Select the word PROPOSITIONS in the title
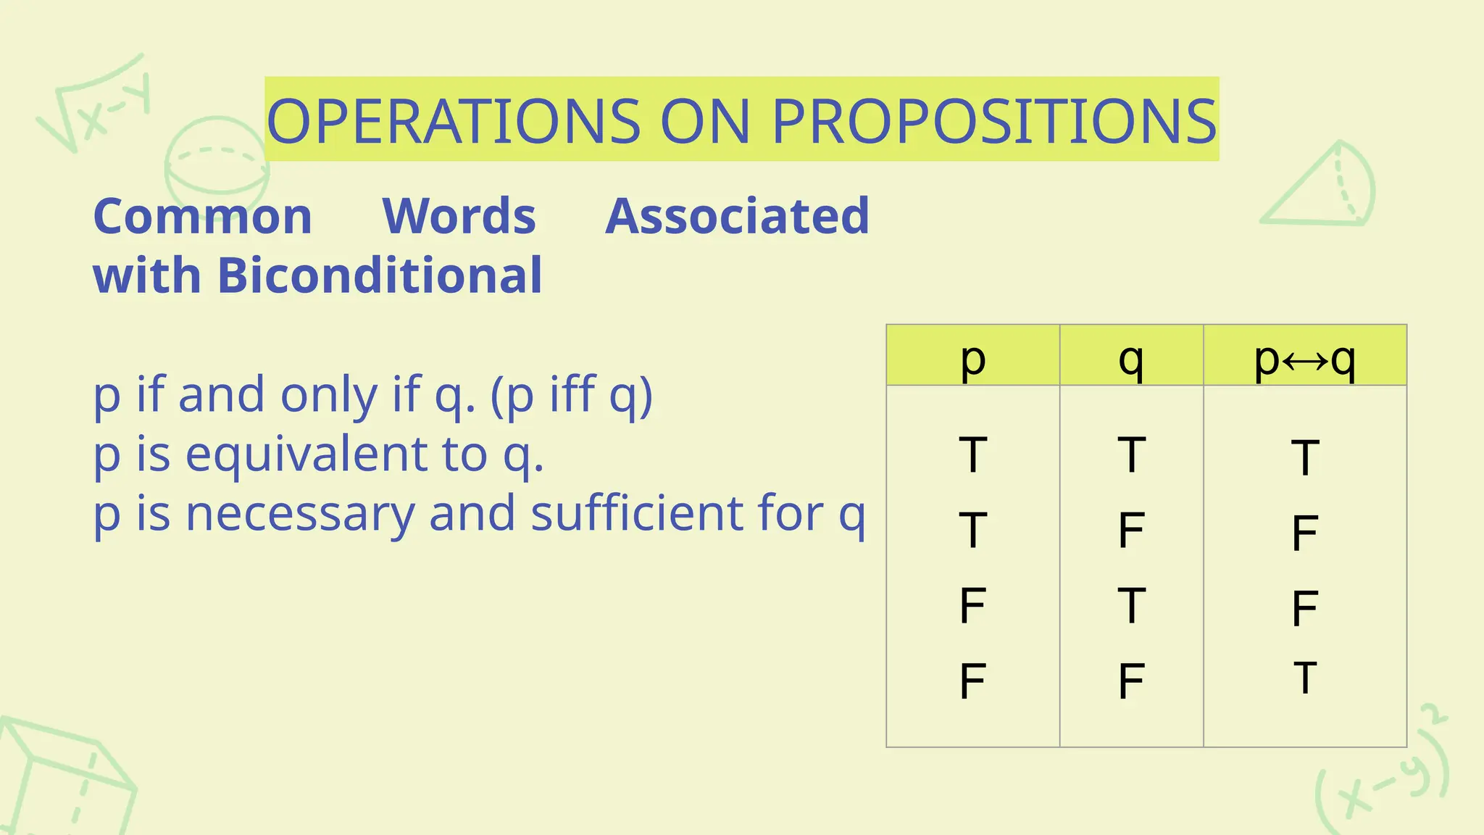click(994, 121)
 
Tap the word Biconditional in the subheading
click(379, 275)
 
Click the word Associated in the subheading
click(737, 216)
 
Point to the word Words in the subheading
click(459, 216)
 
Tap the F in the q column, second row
click(1130, 530)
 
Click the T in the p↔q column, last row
click(1304, 678)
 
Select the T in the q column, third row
click(1130, 605)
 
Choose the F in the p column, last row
click(972, 681)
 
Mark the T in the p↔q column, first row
click(1304, 457)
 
